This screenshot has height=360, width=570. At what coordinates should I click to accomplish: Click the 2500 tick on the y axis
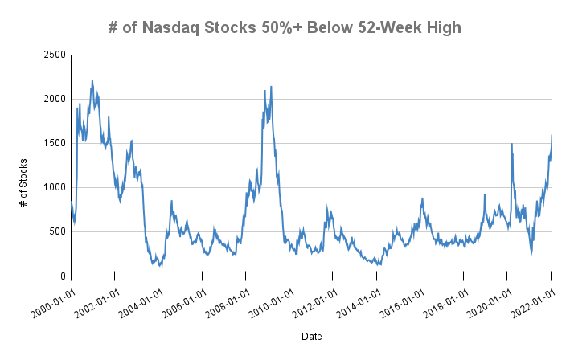pos(54,55)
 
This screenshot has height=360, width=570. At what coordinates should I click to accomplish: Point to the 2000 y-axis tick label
pos(54,99)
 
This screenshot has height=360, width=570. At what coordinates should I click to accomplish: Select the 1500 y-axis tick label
pos(54,143)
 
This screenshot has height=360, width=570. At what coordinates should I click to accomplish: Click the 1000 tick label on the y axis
pos(54,187)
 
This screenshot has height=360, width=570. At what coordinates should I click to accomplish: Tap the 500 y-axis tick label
pos(57,231)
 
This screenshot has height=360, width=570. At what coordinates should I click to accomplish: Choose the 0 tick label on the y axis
pos(62,276)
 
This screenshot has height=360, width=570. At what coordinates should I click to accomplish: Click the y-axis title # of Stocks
pos(25,166)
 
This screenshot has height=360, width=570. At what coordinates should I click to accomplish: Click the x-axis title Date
pos(310,335)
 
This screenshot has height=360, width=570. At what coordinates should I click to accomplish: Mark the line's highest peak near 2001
pos(92,80)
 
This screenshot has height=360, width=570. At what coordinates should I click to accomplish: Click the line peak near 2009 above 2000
pos(271,86)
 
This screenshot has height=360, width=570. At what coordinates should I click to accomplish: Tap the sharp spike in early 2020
pos(512,144)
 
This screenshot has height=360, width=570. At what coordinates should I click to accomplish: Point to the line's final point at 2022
pos(552,135)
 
